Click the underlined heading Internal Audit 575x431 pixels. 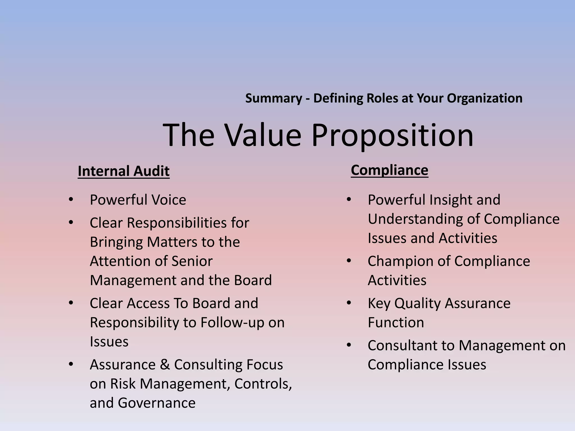click(x=124, y=171)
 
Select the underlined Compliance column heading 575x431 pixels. click(x=389, y=170)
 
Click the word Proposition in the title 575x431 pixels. click(x=392, y=136)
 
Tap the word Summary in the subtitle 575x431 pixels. click(x=273, y=98)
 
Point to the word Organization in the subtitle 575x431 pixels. click(x=484, y=98)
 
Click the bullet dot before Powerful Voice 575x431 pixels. click(x=71, y=200)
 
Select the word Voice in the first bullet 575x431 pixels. click(x=169, y=200)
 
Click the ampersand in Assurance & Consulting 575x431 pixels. click(x=165, y=365)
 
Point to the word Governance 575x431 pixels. click(x=156, y=403)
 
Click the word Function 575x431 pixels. click(x=396, y=322)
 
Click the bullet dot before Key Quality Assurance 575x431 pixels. click(x=349, y=303)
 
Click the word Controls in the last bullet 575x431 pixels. click(x=263, y=384)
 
